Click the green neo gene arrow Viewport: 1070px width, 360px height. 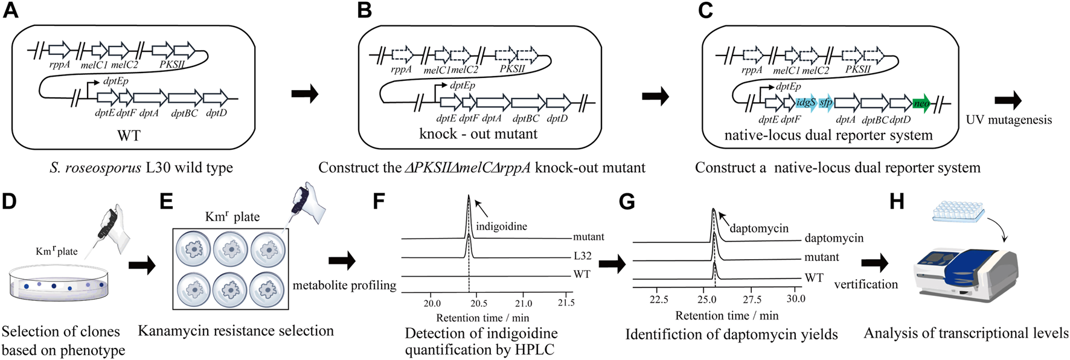pyautogui.click(x=921, y=103)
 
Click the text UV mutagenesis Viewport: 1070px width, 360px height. pyautogui.click(x=1008, y=120)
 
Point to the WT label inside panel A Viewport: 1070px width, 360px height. pyautogui.click(x=128, y=135)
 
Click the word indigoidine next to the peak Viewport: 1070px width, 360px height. pyautogui.click(x=501, y=227)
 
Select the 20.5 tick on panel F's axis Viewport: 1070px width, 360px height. pyautogui.click(x=478, y=303)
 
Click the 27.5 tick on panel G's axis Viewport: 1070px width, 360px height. pyautogui.click(x=752, y=299)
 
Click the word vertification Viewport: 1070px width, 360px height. pyautogui.click(x=866, y=284)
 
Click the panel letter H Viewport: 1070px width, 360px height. pyautogui.click(x=897, y=201)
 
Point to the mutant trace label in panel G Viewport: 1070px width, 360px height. pyautogui.click(x=821, y=257)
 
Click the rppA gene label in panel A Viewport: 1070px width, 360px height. pyautogui.click(x=59, y=65)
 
